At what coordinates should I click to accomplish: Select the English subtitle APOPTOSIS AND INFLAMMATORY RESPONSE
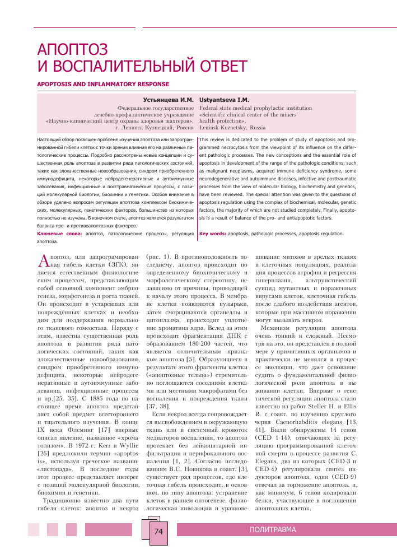[x=102, y=85]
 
